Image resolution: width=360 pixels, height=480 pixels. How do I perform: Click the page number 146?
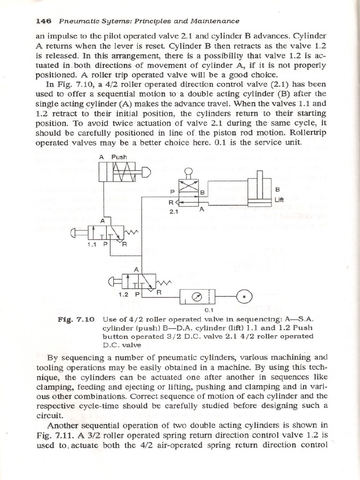coord(42,21)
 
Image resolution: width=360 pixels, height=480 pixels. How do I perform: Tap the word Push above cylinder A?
coord(119,157)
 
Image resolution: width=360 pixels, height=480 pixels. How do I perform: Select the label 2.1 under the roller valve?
coord(175,211)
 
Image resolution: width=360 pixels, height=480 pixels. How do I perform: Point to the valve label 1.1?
coord(92,244)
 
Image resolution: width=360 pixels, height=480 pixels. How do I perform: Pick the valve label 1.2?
coord(124,294)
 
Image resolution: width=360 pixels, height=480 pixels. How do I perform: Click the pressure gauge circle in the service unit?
coord(197,295)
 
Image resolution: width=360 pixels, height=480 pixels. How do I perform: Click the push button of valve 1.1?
coord(75,232)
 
